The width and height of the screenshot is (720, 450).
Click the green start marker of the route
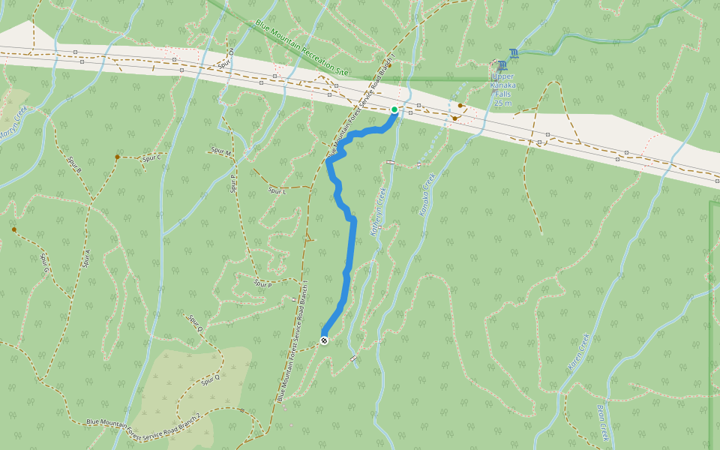[394, 109]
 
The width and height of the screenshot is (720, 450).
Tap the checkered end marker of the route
[324, 340]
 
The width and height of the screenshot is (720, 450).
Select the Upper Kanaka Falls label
[502, 85]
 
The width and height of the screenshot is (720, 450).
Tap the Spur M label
[221, 151]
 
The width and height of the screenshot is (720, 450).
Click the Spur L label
[277, 191]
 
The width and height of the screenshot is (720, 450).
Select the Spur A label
[86, 259]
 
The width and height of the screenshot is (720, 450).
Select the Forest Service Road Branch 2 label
[143, 421]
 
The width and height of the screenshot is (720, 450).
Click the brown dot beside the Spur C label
[117, 157]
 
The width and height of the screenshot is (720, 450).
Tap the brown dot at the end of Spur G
[13, 229]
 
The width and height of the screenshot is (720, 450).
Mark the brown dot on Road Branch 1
[389, 64]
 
